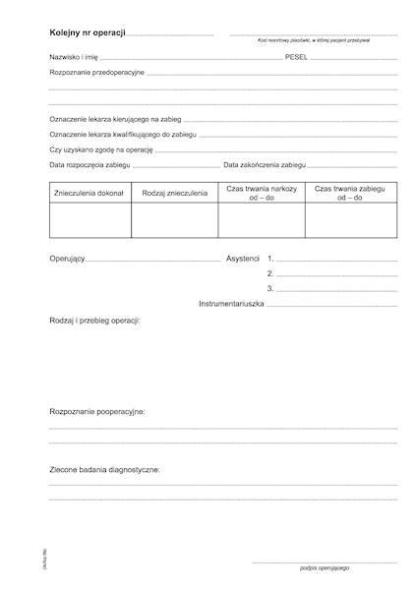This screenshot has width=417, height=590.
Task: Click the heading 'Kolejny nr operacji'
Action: [88, 33]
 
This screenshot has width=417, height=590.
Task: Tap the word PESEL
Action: [296, 59]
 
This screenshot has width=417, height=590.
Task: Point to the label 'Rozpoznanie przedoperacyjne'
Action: [97, 74]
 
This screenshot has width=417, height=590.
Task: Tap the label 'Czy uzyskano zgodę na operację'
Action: [102, 149]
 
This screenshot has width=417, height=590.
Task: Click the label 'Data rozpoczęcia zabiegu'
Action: [91, 165]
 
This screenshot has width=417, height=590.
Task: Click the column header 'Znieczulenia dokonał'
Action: [89, 193]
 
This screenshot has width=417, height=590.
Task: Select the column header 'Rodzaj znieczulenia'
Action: [174, 193]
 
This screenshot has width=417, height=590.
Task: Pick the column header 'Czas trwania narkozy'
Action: [261, 188]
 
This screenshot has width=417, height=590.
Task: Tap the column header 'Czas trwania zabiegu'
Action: [349, 188]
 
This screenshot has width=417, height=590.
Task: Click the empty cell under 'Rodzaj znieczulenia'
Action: [174, 221]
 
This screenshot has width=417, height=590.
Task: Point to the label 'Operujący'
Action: [67, 258]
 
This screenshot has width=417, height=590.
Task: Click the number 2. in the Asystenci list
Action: [269, 273]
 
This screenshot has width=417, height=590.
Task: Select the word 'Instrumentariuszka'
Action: [231, 304]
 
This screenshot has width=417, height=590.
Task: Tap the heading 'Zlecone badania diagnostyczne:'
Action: [104, 470]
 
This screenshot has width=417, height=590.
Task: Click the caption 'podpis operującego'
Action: [325, 568]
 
